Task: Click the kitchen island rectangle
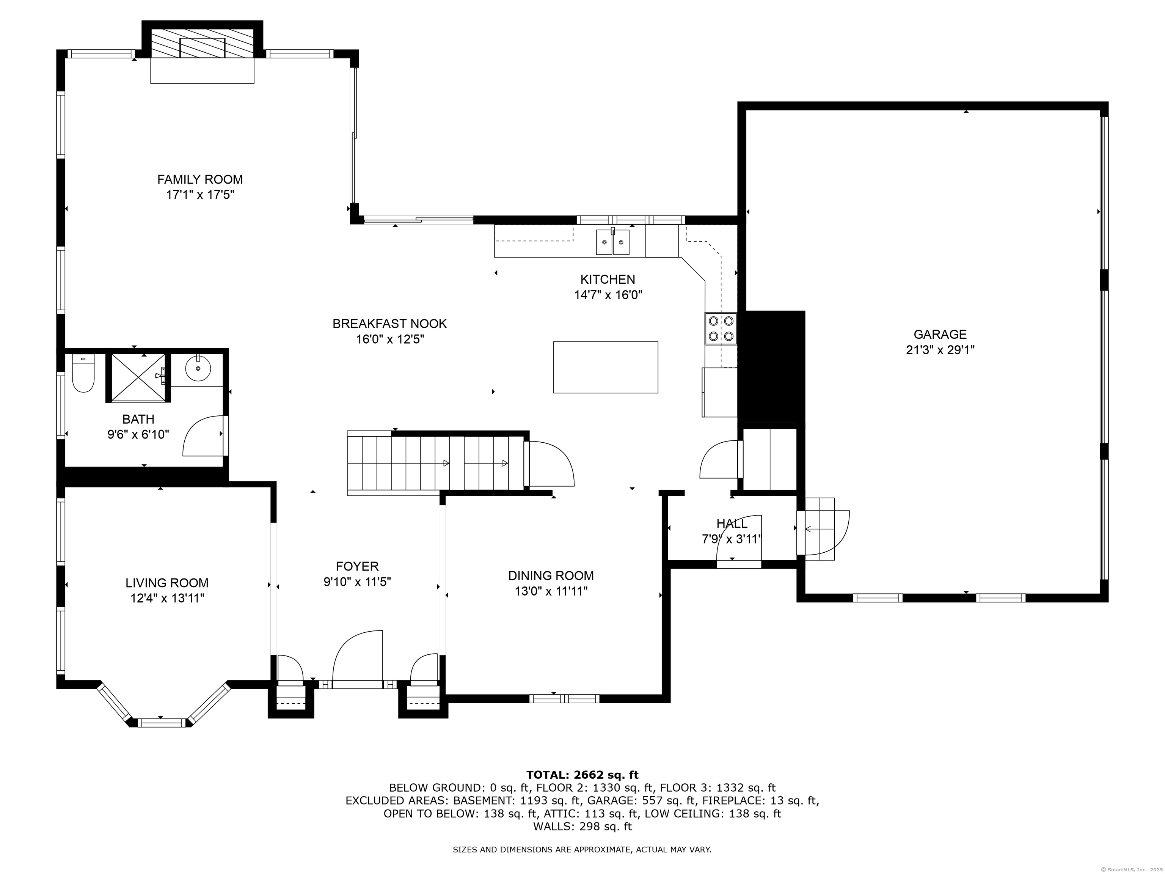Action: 605,367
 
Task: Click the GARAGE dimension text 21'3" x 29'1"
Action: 940,350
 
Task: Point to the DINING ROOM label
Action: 551,576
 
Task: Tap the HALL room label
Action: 732,523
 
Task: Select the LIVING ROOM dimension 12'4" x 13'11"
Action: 167,598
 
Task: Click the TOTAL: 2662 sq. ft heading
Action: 582,775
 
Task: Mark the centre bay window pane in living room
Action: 161,722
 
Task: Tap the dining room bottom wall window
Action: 564,699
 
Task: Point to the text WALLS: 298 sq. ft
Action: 582,826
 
